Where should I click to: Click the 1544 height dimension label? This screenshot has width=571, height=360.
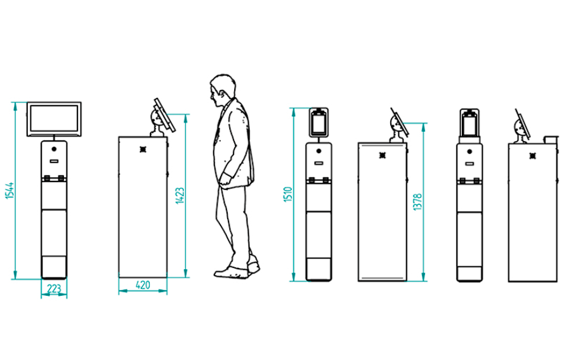pos(10,190)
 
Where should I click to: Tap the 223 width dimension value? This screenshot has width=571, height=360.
pos(54,289)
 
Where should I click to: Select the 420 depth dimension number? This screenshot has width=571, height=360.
pos(143,285)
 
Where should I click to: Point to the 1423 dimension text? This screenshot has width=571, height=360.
pos(180,196)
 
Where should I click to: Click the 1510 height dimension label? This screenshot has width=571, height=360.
pos(288,194)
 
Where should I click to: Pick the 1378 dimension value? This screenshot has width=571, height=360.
pos(417,202)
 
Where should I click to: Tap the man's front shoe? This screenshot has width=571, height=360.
pos(230,273)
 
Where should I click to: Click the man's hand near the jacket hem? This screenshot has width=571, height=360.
pos(225,179)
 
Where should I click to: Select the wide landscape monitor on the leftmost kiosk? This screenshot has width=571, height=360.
pos(55,119)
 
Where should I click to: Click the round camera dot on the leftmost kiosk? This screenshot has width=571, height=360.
pos(55,149)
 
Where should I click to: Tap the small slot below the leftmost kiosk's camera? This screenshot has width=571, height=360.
pos(55,161)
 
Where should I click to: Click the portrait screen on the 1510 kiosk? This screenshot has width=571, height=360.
pos(318,123)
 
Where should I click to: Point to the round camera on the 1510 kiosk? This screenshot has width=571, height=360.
pos(319,151)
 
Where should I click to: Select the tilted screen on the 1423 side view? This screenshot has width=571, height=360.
pos(164,115)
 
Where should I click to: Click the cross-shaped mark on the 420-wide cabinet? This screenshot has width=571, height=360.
pos(143,149)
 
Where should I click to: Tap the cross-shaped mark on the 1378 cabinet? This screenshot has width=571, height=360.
pos(383,155)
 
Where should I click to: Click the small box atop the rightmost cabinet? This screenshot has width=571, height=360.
pos(551,140)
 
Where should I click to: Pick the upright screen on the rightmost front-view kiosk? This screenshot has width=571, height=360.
pos(469,123)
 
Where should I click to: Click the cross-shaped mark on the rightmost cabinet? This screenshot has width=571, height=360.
pos(533,156)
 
